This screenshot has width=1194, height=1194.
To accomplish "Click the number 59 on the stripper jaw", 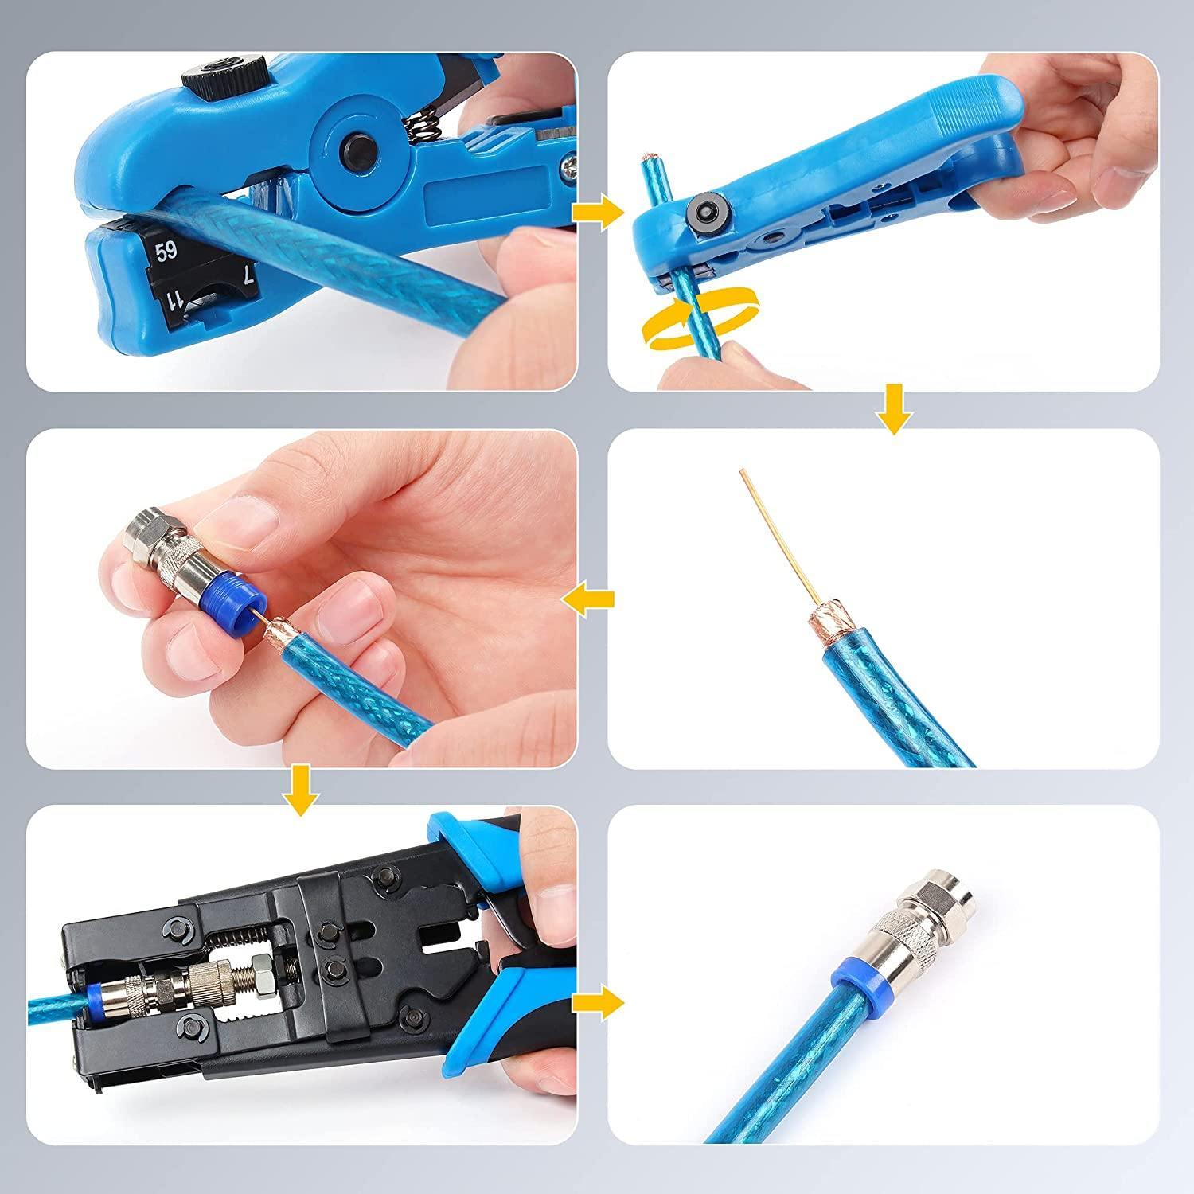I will click(x=166, y=254).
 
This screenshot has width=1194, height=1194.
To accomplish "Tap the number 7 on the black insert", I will click(x=249, y=276).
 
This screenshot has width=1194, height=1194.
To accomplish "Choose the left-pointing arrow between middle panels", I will click(x=589, y=599).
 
